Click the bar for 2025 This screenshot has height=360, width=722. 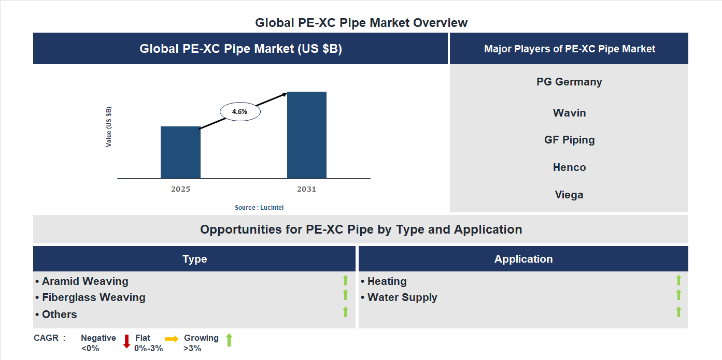(x=180, y=152)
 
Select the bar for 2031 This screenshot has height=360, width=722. (x=307, y=135)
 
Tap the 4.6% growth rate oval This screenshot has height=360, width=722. (x=240, y=111)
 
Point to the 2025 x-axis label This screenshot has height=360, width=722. (x=180, y=189)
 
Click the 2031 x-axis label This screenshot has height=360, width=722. (x=306, y=189)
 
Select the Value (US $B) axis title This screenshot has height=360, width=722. (x=109, y=127)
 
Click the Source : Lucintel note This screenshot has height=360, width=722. (x=259, y=208)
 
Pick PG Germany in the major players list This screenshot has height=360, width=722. (x=569, y=82)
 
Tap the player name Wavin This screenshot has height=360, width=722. (x=569, y=113)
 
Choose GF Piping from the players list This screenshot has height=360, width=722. (x=569, y=140)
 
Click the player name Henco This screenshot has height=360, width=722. (x=569, y=167)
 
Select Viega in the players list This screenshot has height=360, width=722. (x=569, y=195)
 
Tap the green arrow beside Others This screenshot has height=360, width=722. (x=345, y=312)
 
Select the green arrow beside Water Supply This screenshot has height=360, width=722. (x=678, y=295)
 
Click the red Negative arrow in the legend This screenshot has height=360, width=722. (x=126, y=341)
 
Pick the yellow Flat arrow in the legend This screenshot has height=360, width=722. (x=172, y=338)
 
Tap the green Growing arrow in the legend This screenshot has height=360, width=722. (x=229, y=340)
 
